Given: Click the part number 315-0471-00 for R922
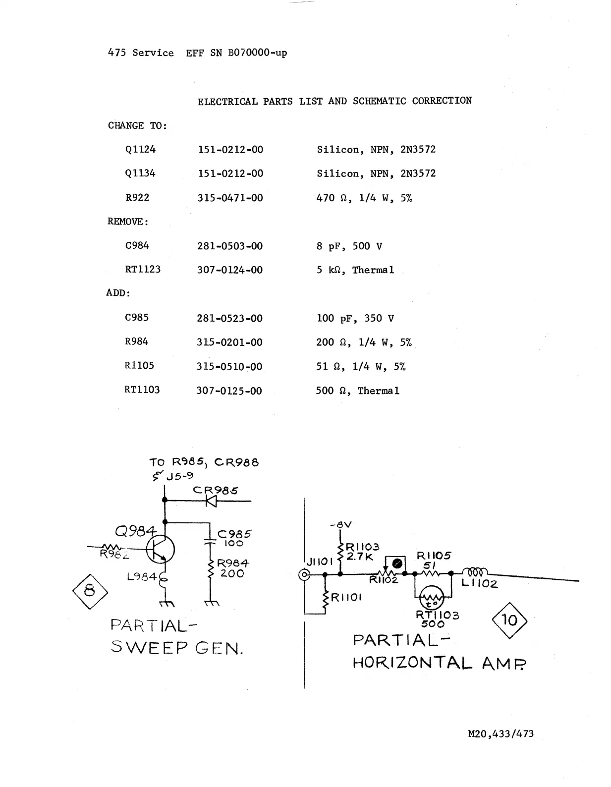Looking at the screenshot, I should (x=230, y=198).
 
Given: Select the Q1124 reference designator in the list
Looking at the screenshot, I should (x=140, y=149).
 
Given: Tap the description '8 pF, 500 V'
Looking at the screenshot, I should (x=349, y=246).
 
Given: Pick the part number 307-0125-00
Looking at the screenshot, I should (x=229, y=391).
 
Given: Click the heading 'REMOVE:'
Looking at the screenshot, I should (x=128, y=222).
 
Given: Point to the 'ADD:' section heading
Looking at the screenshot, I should (x=118, y=293).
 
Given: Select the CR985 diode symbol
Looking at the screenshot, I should (x=212, y=501).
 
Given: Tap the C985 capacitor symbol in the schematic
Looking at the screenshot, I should (x=211, y=541).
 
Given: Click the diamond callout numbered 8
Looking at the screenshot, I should (x=90, y=591).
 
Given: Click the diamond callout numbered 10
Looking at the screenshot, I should (x=509, y=620).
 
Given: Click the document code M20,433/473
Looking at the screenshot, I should (x=500, y=733).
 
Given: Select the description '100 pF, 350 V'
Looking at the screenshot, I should (x=355, y=318).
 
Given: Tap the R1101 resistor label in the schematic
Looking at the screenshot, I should (x=346, y=598).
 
